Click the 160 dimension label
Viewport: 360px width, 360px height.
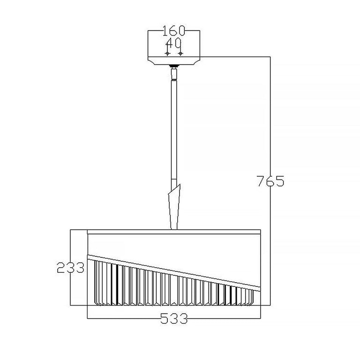pyautogui.click(x=173, y=31)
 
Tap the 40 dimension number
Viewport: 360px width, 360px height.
pyautogui.click(x=173, y=43)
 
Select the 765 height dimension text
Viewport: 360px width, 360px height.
pyautogui.click(x=270, y=181)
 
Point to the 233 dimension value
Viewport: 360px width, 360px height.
pyautogui.click(x=70, y=268)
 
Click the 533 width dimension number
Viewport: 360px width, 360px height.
pyautogui.click(x=174, y=318)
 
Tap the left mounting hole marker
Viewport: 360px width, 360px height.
pyautogui.click(x=167, y=53)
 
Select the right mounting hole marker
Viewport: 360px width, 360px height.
pyautogui.click(x=180, y=53)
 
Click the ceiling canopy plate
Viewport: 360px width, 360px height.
pyautogui.click(x=174, y=60)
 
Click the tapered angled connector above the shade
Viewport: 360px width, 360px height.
pyautogui.click(x=174, y=207)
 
